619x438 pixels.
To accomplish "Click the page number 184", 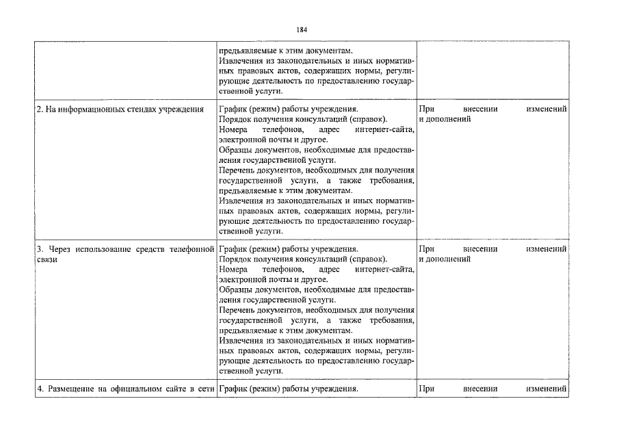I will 302,30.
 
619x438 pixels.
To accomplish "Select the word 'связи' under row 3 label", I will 47,260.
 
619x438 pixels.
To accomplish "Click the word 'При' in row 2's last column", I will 425,109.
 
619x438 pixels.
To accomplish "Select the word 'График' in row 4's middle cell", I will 233,389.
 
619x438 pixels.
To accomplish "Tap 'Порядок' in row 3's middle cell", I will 235,259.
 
